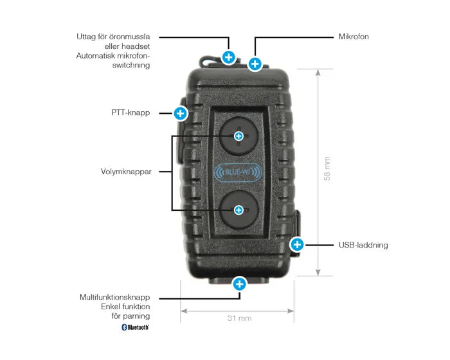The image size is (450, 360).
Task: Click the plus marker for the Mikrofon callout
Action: (x=255, y=64)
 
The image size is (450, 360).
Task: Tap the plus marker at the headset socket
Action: (x=228, y=57)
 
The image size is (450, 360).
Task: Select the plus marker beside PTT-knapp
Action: (x=181, y=114)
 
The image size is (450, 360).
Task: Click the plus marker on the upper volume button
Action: (x=239, y=136)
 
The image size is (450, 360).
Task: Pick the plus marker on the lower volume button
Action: (x=239, y=210)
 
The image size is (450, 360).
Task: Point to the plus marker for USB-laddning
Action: (x=297, y=244)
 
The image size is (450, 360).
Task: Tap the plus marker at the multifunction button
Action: (x=240, y=283)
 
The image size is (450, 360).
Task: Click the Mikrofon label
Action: (x=354, y=37)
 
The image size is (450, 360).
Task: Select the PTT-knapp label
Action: (x=130, y=113)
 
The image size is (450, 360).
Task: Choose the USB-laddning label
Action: (x=363, y=245)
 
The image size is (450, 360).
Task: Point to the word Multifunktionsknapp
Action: (x=115, y=298)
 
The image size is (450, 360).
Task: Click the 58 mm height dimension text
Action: (x=327, y=168)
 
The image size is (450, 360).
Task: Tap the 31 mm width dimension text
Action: (x=239, y=318)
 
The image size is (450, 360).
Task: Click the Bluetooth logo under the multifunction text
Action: (x=136, y=327)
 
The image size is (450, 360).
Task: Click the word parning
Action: (x=137, y=316)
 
